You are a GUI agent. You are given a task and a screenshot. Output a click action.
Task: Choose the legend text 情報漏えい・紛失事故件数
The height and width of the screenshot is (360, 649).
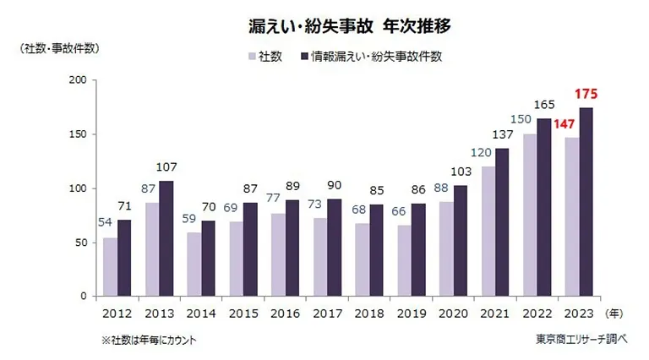click(376, 57)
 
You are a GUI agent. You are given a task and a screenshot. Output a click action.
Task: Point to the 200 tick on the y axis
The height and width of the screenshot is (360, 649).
click(76, 80)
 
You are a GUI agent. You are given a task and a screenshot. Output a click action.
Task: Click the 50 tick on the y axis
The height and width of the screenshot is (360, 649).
click(79, 243)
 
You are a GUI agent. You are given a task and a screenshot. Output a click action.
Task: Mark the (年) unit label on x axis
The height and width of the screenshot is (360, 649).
click(617, 311)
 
